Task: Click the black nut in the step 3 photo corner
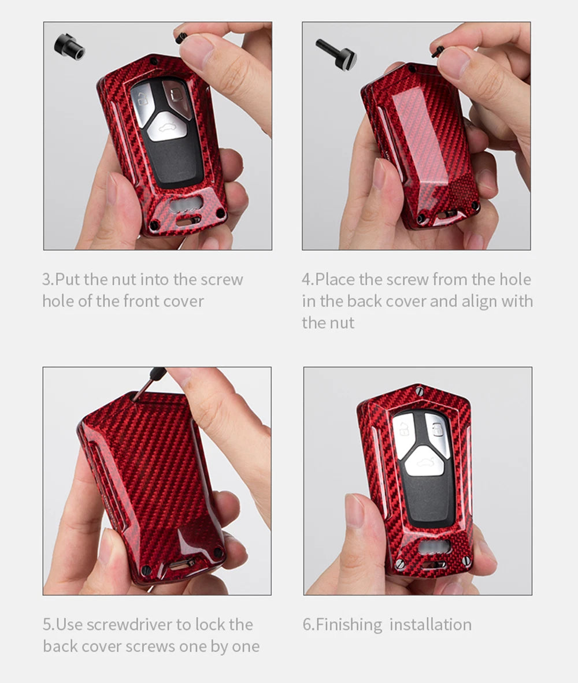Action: point(69,47)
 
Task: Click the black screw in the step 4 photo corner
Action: point(336,54)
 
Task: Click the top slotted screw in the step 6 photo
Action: point(420,390)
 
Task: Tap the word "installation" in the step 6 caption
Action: point(431,625)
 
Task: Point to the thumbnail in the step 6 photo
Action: point(354,510)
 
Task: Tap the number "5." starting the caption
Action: point(49,625)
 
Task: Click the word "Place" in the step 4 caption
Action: point(335,279)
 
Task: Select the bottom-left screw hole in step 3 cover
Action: point(154,225)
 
